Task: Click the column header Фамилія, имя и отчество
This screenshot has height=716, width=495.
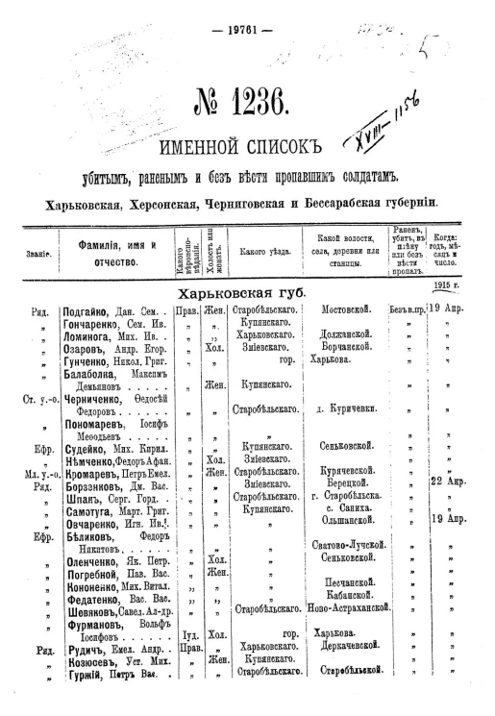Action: (x=111, y=253)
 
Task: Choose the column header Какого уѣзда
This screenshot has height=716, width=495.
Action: (x=259, y=251)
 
